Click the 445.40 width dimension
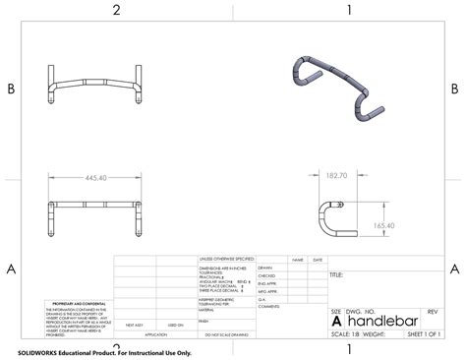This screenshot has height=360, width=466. (x=96, y=178)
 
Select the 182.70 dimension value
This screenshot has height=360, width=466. (x=338, y=175)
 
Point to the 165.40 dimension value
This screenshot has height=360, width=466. (x=386, y=225)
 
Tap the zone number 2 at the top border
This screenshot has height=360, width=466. (x=116, y=10)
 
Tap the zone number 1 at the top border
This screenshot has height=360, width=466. (x=348, y=10)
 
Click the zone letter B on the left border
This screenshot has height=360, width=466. (x=11, y=89)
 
